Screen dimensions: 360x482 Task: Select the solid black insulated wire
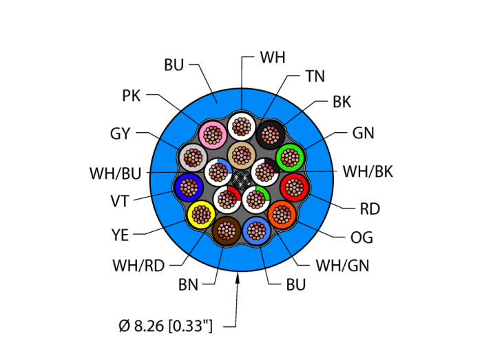pos(270,132)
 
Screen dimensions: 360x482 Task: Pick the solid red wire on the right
pos(295,186)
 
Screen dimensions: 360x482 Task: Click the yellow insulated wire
pos(200,215)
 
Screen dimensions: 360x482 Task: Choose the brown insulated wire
pos(226,229)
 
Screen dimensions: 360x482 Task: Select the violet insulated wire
pos(188,186)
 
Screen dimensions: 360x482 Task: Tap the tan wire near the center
pos(241,156)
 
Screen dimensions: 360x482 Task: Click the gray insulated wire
pos(191,158)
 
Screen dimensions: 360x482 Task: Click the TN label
pos(315,76)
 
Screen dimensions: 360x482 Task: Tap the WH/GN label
pos(342,265)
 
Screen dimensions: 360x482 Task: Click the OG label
pos(361,238)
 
